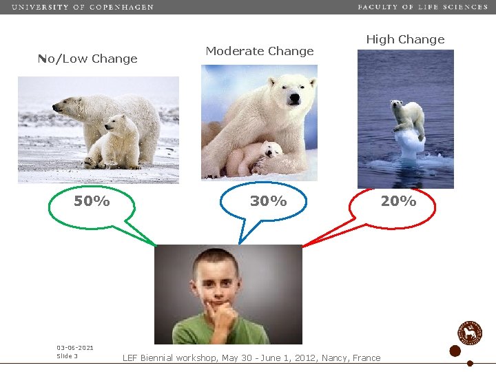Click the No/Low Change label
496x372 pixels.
click(x=87, y=59)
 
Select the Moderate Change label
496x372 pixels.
click(x=259, y=51)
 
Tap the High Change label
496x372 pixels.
click(x=405, y=39)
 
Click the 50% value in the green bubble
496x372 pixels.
click(x=92, y=201)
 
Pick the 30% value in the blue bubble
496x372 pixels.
click(x=268, y=201)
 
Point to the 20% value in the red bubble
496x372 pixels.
click(x=399, y=201)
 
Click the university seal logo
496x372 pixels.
click(x=471, y=333)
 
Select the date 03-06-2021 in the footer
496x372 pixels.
click(x=75, y=348)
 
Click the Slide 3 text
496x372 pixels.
click(x=67, y=356)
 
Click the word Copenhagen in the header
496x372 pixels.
click(x=123, y=7)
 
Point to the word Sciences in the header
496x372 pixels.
click(x=465, y=7)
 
